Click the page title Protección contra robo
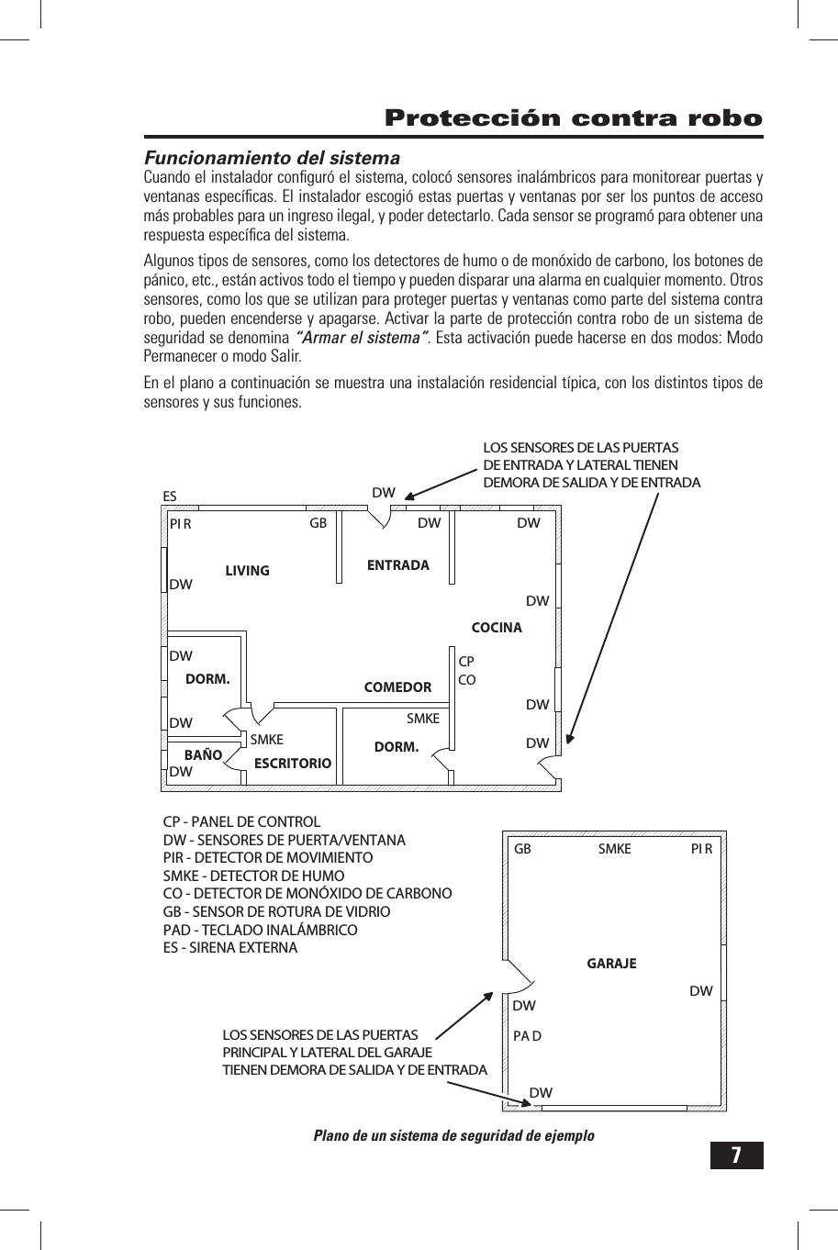(x=574, y=118)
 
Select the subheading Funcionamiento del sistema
(x=273, y=158)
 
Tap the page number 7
(x=736, y=1155)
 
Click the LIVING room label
(x=247, y=571)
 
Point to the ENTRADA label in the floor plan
(x=397, y=565)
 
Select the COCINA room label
(x=496, y=628)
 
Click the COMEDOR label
(x=397, y=687)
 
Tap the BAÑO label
(x=204, y=755)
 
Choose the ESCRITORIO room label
(x=292, y=764)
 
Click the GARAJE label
(x=611, y=964)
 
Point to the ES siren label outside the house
(x=170, y=497)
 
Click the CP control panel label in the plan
(x=466, y=662)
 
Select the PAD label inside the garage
(x=527, y=1036)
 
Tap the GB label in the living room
(x=318, y=523)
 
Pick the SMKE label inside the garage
(x=614, y=849)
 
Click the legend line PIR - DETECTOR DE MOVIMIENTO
(x=268, y=858)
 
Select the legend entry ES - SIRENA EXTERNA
(x=230, y=947)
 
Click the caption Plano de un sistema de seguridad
(x=453, y=1135)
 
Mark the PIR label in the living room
(x=180, y=524)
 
